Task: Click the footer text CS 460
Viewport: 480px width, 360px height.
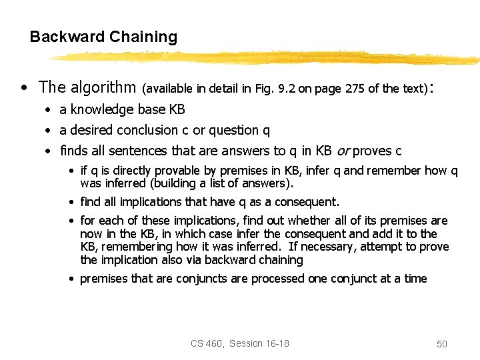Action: pos(205,343)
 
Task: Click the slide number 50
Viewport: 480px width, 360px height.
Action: pos(441,344)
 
